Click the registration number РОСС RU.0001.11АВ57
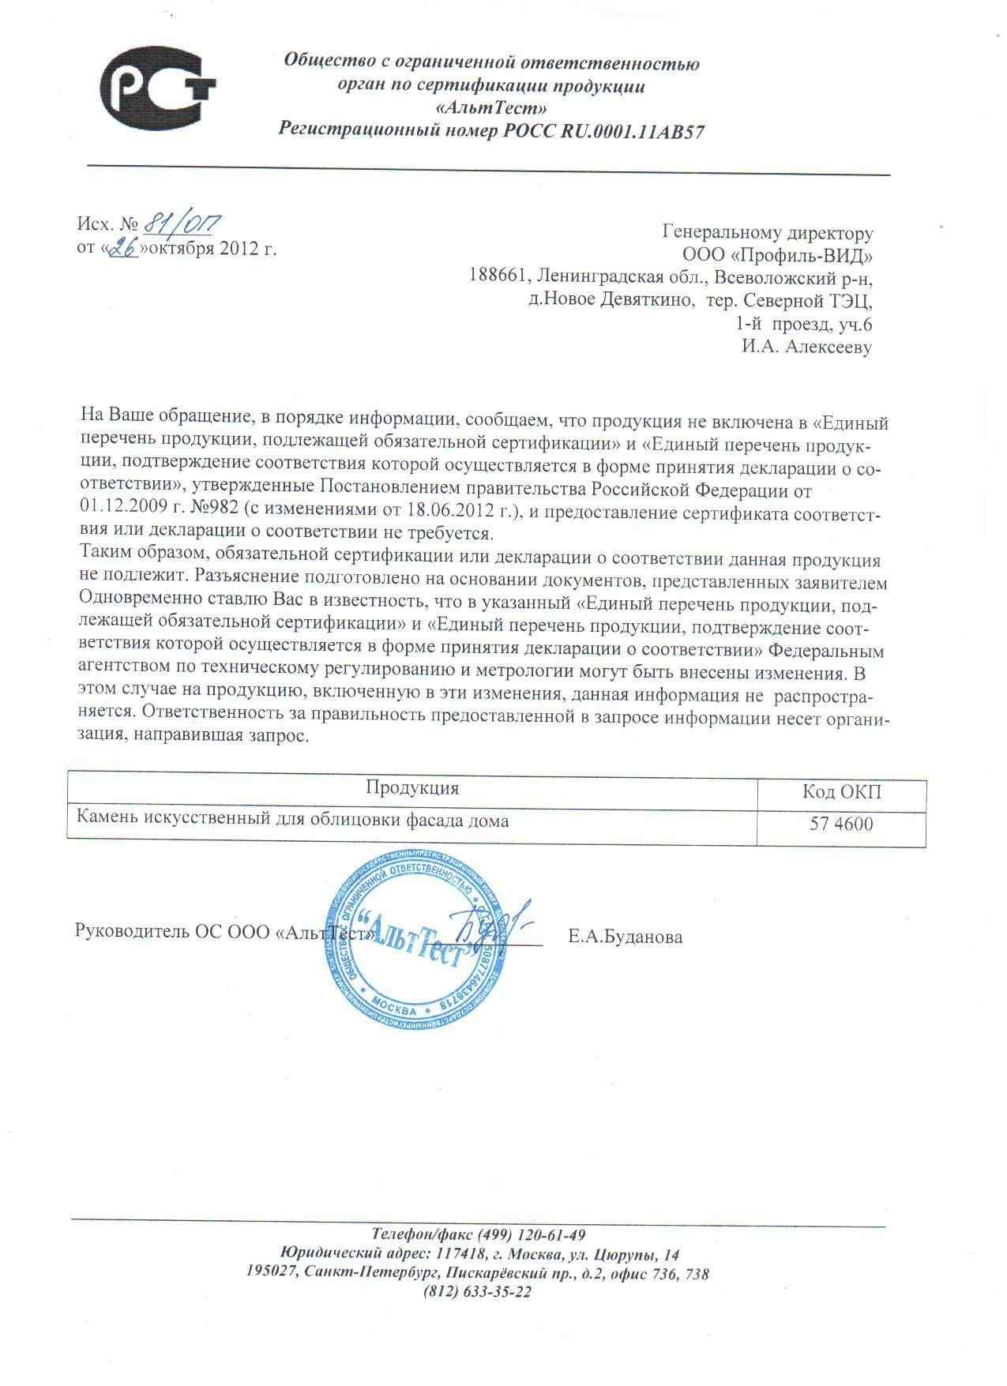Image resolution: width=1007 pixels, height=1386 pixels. [603, 131]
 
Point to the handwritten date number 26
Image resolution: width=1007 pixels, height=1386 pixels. [122, 249]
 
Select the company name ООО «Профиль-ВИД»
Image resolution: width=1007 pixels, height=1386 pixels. [777, 256]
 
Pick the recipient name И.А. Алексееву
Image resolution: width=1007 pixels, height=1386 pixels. [806, 347]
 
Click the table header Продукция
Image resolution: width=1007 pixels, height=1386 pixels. [411, 788]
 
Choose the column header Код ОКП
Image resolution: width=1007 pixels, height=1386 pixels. [841, 792]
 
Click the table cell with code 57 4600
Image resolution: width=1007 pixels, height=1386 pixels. [841, 824]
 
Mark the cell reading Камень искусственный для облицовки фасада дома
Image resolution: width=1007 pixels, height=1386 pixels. [292, 821]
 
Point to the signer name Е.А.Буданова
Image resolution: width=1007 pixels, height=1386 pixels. [625, 937]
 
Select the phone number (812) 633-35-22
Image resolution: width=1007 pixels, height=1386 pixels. [477, 1293]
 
